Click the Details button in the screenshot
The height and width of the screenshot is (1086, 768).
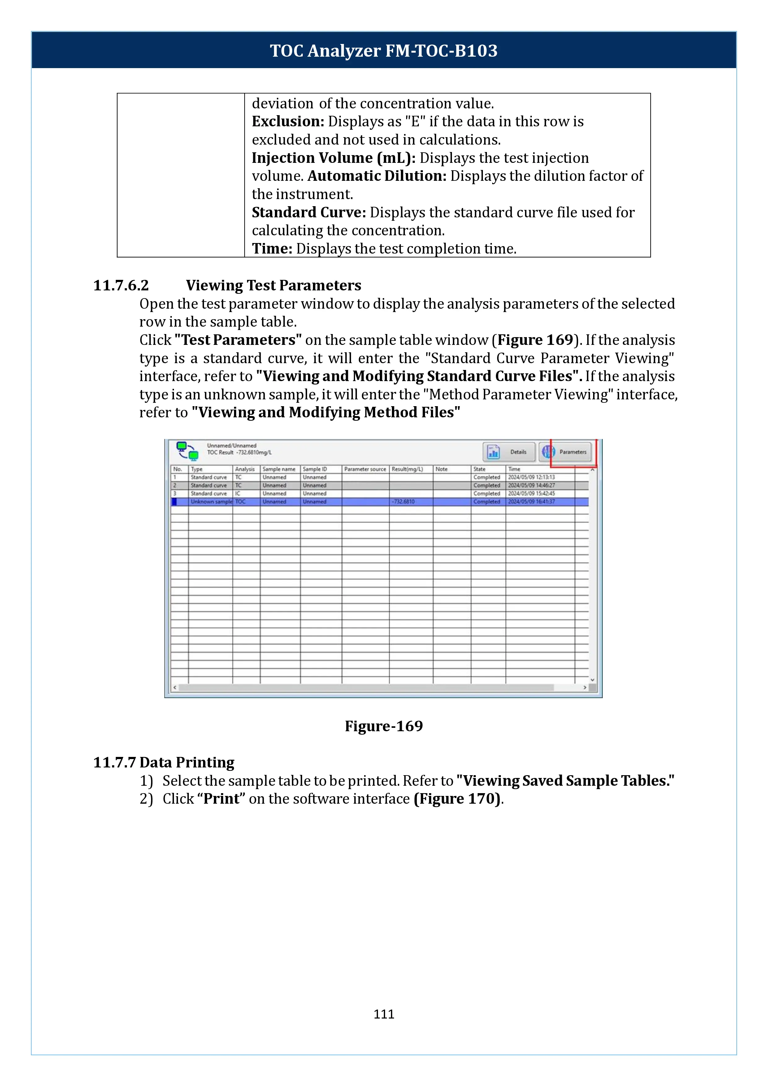click(509, 452)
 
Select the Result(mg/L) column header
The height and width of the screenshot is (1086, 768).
click(407, 469)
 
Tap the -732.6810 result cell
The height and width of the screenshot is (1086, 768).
click(403, 502)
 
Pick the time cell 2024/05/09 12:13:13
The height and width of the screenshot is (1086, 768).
click(531, 477)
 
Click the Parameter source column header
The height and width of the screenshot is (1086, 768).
click(365, 469)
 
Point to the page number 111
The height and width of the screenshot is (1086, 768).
click(384, 1014)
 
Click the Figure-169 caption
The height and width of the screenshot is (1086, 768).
click(384, 726)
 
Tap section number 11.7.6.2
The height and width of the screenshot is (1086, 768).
click(121, 285)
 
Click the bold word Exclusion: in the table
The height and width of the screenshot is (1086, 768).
click(288, 122)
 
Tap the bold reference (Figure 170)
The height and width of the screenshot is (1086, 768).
click(457, 798)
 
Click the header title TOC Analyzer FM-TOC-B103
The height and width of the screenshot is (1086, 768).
click(384, 50)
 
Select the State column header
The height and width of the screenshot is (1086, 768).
click(479, 469)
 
